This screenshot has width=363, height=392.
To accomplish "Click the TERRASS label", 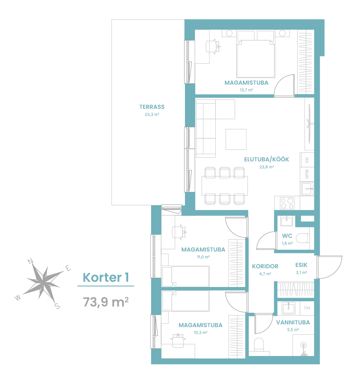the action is [152, 107].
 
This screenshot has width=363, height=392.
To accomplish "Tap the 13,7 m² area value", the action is [246, 90].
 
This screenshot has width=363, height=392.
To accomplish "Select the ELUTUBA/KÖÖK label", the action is [266, 159].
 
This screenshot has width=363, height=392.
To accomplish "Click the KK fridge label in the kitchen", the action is [307, 160].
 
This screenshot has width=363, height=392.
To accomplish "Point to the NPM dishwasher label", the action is [307, 174].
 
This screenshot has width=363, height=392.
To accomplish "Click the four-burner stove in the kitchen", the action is [287, 203].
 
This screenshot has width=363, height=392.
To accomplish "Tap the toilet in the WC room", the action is [302, 238].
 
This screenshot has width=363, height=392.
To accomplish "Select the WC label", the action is [287, 236].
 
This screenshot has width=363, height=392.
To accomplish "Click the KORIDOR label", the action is [265, 266].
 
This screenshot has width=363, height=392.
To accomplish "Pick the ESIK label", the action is [301, 265].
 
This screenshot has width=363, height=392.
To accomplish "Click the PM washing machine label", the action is [307, 308].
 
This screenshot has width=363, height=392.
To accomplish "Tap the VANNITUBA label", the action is [293, 322].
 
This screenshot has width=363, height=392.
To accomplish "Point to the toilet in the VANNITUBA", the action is [259, 344].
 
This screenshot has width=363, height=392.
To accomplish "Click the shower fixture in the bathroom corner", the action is [304, 349].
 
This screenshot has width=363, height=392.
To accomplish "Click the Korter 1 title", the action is [106, 277].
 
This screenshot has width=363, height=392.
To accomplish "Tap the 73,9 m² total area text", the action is [106, 302].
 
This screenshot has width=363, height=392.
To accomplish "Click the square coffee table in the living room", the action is [236, 139].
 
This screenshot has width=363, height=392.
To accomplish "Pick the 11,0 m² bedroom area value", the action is [203, 257].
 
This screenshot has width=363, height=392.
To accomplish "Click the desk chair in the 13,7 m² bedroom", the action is [213, 46].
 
